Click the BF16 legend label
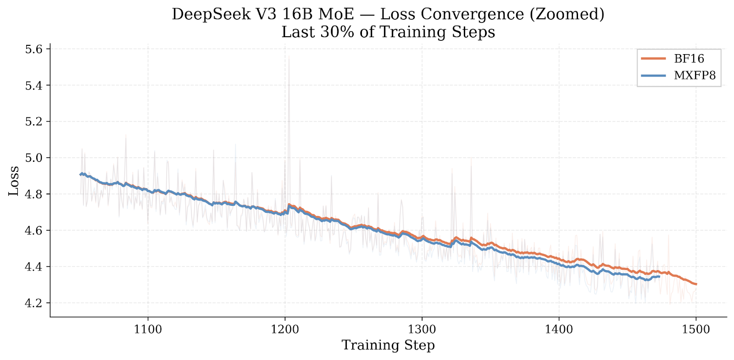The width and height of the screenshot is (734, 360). coord(689,59)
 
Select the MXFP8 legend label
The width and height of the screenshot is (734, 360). coord(695,76)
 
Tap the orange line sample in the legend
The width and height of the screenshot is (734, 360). coord(653,59)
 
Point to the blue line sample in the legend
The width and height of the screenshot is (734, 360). coord(653,76)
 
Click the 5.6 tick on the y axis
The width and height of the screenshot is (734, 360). coord(33,49)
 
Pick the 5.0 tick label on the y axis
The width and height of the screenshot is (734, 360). coord(33,158)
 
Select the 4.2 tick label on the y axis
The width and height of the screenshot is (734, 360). coord(33,303)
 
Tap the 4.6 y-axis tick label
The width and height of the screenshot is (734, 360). coord(33,231)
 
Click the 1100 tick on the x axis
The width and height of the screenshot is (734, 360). coord(148,329)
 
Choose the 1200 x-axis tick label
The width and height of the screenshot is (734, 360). coord(285,329)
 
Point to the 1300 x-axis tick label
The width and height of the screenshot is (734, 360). coord(422,329)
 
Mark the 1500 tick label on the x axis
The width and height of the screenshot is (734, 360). coord(696,329)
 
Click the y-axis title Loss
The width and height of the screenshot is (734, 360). coord(14,181)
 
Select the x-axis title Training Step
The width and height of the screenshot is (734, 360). coord(388,345)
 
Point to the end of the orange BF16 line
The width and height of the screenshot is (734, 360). coord(696,284)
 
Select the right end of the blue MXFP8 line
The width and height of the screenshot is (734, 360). coord(659,277)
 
